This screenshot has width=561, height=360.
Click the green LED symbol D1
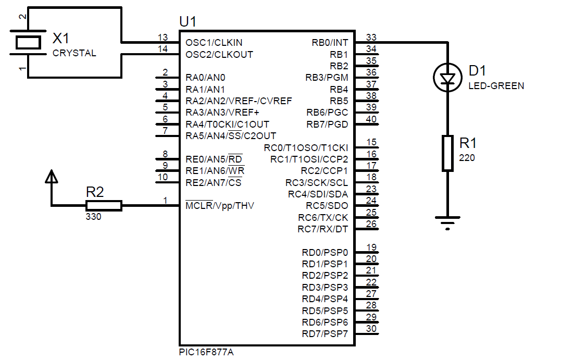pyautogui.click(x=447, y=77)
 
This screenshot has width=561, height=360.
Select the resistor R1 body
pyautogui.click(x=447, y=153)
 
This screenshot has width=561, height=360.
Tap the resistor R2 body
pyautogui.click(x=104, y=205)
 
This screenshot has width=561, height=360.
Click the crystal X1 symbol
pyautogui.click(x=28, y=43)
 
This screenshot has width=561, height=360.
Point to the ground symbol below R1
pyautogui.click(x=447, y=222)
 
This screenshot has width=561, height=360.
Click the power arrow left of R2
pyautogui.click(x=52, y=177)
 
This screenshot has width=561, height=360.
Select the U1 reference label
pyautogui.click(x=188, y=22)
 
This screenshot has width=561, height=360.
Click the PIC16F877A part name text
pyautogui.click(x=206, y=352)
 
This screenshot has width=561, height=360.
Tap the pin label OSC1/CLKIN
pyautogui.click(x=214, y=43)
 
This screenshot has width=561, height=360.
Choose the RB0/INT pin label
pyautogui.click(x=330, y=43)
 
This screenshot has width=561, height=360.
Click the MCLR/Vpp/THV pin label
pyautogui.click(x=220, y=205)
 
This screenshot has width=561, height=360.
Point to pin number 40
pyautogui.click(x=371, y=119)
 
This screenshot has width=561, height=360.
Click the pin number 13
pyautogui.click(x=163, y=37)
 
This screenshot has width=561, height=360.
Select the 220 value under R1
pyautogui.click(x=467, y=158)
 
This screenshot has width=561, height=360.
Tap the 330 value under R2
pyautogui.click(x=93, y=217)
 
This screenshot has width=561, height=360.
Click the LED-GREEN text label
pyautogui.click(x=496, y=86)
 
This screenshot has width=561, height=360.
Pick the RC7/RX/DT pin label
pyautogui.click(x=323, y=229)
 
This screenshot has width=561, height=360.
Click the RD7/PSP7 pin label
pyautogui.click(x=325, y=334)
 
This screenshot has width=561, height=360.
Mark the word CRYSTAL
pyautogui.click(x=74, y=53)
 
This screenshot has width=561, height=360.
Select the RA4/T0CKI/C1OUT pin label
pyautogui.click(x=227, y=124)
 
